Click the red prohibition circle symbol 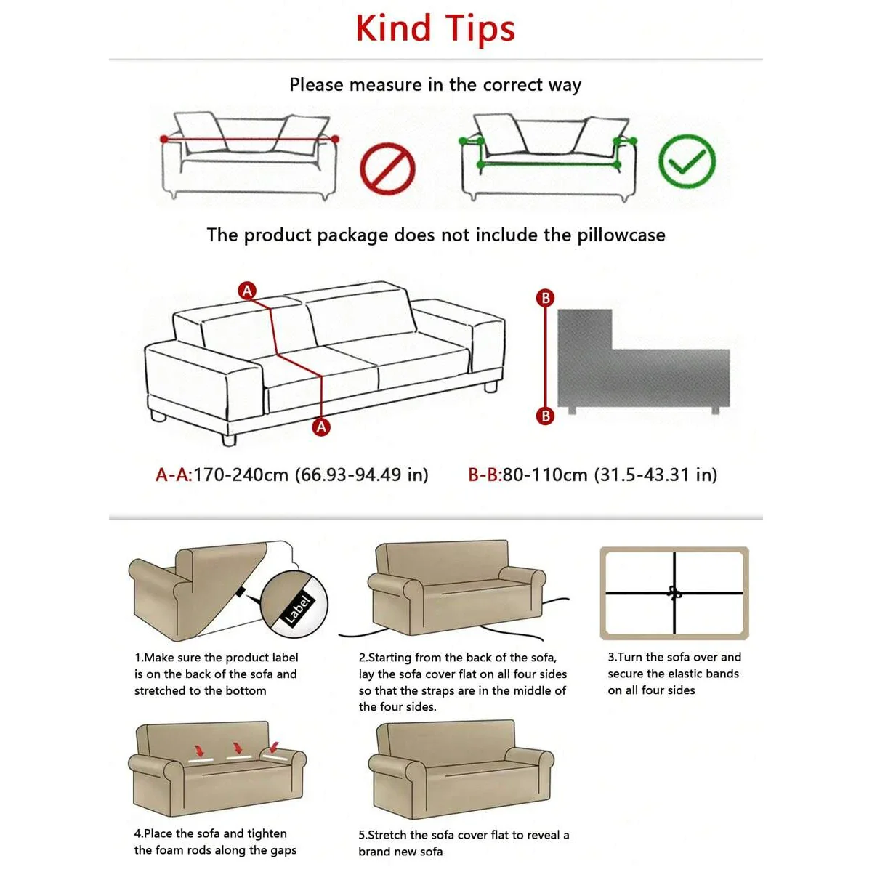coord(387,169)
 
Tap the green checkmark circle coord(687,161)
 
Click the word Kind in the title coord(393,29)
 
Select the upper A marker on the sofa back coord(248,291)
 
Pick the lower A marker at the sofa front coord(321,427)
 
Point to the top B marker coord(545,298)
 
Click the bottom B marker coord(545,416)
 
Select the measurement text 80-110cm coord(545,475)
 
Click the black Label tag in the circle coord(296,609)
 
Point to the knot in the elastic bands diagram coord(674,594)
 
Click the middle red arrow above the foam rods coord(236,748)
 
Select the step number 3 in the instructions coord(611,657)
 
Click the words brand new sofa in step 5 coord(400,852)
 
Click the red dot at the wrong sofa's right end coord(335,138)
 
